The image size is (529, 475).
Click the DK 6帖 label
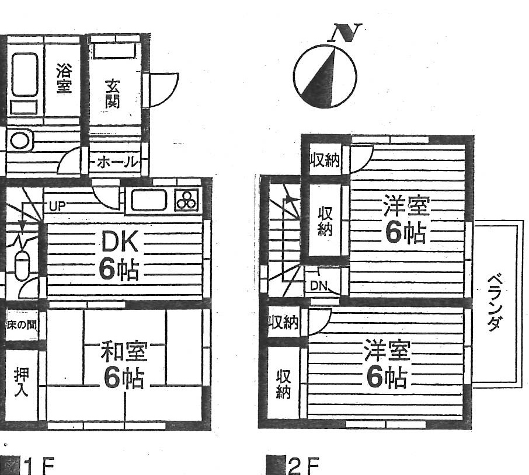coord(119,255)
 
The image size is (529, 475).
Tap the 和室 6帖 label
coord(124,366)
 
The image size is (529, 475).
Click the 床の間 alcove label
coord(22,326)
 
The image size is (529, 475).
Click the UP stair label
coord(57,205)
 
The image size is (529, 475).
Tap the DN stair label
coord(319,286)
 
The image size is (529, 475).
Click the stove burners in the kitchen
coord(187,200)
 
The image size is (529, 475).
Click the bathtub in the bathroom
coord(25,75)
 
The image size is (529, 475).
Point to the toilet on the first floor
coord(22,266)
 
